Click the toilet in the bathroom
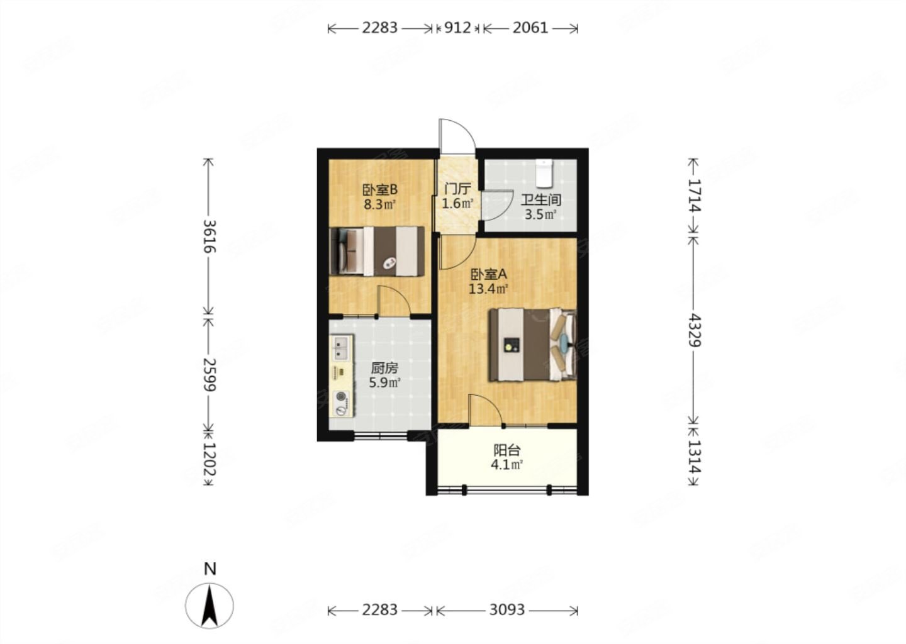pyautogui.click(x=544, y=174)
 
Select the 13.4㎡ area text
pyautogui.click(x=488, y=289)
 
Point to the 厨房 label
pyautogui.click(x=384, y=368)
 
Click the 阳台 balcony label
pyautogui.click(x=507, y=450)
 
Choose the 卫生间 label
pyautogui.click(x=541, y=200)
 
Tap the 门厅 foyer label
pyautogui.click(x=457, y=189)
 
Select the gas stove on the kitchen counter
pyautogui.click(x=342, y=403)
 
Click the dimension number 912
pyautogui.click(x=457, y=28)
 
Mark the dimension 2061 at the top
pyautogui.click(x=530, y=28)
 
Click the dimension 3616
pyautogui.click(x=209, y=236)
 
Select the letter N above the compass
pyautogui.click(x=210, y=569)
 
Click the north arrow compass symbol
pyautogui.click(x=210, y=606)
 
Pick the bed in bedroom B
pyautogui.click(x=377, y=251)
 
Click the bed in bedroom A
pyautogui.click(x=533, y=345)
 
